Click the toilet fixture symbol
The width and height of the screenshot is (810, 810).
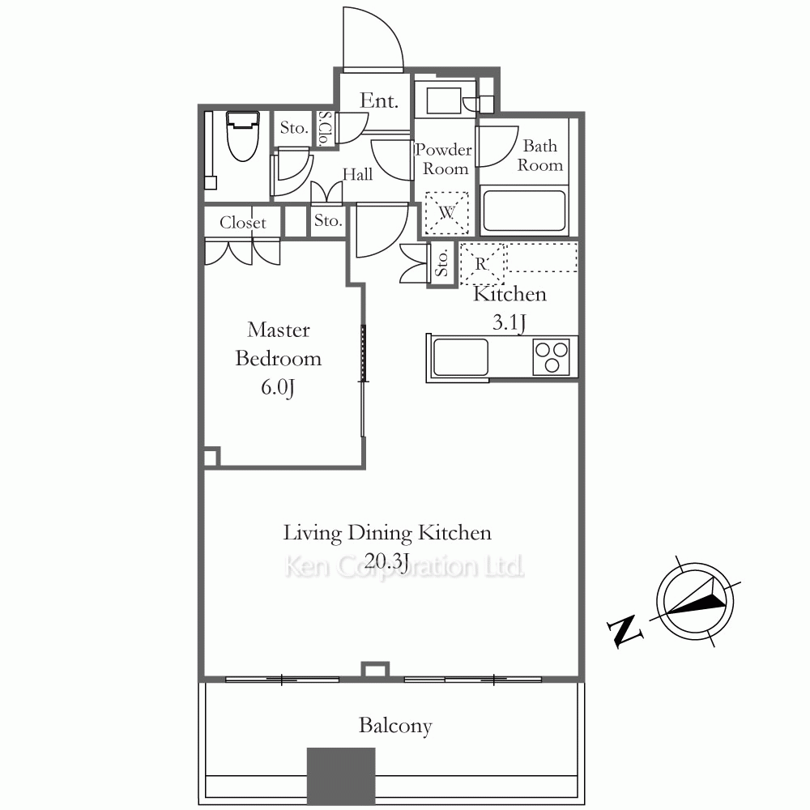pyautogui.click(x=242, y=136)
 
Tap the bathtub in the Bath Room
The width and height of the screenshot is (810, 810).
pyautogui.click(x=524, y=211)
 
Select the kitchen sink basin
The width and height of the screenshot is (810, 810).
pyautogui.click(x=461, y=357)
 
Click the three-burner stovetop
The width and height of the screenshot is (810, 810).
pyautogui.click(x=551, y=356)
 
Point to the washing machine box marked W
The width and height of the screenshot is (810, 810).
pyautogui.click(x=446, y=213)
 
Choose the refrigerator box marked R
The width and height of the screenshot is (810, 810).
pyautogui.click(x=481, y=263)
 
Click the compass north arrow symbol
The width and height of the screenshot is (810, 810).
pyautogui.click(x=696, y=602)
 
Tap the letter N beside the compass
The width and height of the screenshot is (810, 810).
pyautogui.click(x=625, y=631)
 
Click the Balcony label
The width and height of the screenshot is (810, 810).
pyautogui.click(x=395, y=726)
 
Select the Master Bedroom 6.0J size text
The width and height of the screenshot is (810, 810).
pyautogui.click(x=277, y=387)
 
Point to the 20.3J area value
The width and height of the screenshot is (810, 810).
pyautogui.click(x=387, y=561)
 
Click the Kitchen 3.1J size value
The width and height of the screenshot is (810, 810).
pyautogui.click(x=509, y=323)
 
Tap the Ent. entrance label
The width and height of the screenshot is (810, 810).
pyautogui.click(x=378, y=100)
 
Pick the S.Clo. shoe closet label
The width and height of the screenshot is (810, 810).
pyautogui.click(x=325, y=129)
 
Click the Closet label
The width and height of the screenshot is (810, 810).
pyautogui.click(x=243, y=223)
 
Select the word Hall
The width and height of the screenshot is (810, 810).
pyautogui.click(x=357, y=175)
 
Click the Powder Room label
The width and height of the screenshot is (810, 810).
pyautogui.click(x=444, y=159)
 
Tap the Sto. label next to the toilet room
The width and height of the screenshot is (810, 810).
pyautogui.click(x=294, y=128)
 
